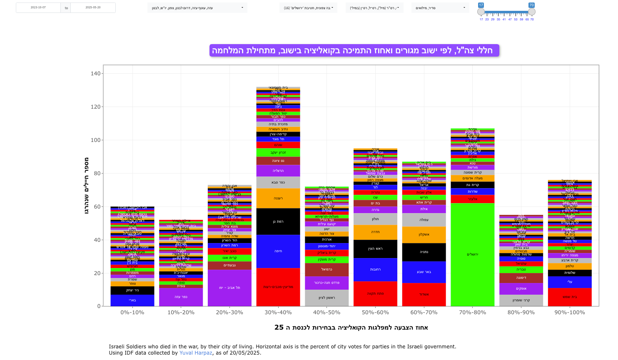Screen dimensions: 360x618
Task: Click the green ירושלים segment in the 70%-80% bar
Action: pyautogui.click(x=472, y=255)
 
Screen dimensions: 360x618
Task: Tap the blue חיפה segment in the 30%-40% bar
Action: pyautogui.click(x=278, y=251)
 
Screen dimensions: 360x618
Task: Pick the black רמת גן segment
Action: pyautogui.click(x=278, y=222)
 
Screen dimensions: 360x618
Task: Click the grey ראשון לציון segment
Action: pyautogui.click(x=326, y=298)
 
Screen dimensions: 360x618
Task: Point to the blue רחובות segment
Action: pyautogui.click(x=375, y=270)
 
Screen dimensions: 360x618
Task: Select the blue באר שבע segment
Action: pyautogui.click(x=424, y=272)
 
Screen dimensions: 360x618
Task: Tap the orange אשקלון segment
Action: pyautogui.click(x=424, y=235)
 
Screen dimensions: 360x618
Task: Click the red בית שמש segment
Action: pyautogui.click(x=570, y=297)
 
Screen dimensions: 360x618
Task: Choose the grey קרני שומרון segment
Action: pyautogui.click(x=521, y=300)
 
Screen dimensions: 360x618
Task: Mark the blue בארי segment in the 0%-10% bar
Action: pyautogui.click(x=132, y=300)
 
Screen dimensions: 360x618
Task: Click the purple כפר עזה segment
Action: pyautogui.click(x=181, y=297)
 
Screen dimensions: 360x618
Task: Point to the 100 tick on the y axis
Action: pyautogui.click(x=96, y=140)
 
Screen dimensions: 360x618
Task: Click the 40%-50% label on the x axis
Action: pyautogui.click(x=326, y=313)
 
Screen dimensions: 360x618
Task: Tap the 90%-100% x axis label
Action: pyautogui.click(x=570, y=313)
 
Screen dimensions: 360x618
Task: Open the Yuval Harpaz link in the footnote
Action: pyautogui.click(x=196, y=353)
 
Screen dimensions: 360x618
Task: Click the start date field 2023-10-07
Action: pyautogui.click(x=38, y=8)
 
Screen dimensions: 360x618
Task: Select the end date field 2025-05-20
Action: pyautogui.click(x=93, y=8)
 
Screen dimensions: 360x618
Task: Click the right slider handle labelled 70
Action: pyautogui.click(x=532, y=12)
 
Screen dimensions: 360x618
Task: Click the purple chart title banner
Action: pyautogui.click(x=354, y=51)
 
